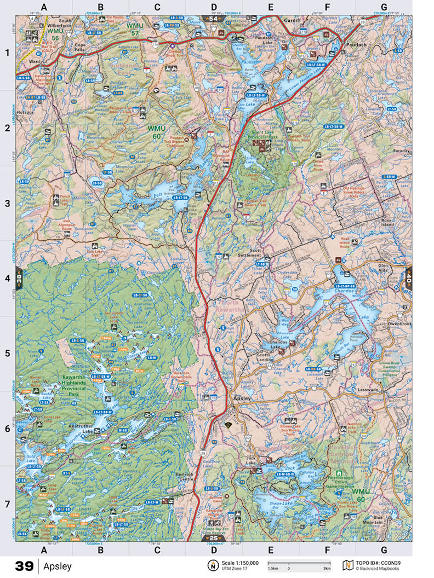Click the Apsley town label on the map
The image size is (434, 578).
point(242,398)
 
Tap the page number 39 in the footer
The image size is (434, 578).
point(24,566)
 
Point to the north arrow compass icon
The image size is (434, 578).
point(211,565)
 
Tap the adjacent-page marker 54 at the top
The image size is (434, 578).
point(213,19)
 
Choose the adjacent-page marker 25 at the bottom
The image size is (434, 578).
point(214,538)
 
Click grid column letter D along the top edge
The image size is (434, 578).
point(214,7)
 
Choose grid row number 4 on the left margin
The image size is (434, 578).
point(7,278)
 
